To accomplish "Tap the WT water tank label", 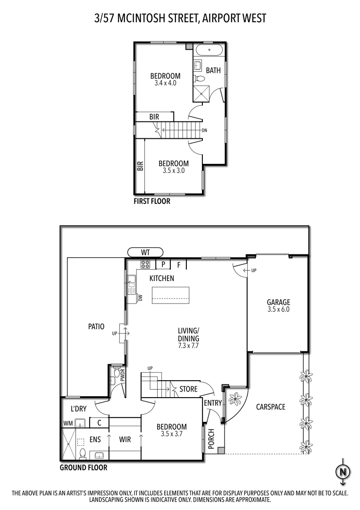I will tap(145, 252).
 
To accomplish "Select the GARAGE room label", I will tap(278, 302).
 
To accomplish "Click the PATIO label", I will tap(96, 326).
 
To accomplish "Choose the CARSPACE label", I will tap(270, 407).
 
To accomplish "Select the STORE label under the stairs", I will tap(188, 389).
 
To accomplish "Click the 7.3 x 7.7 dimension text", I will tap(188, 346).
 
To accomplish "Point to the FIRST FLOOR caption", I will tap(152, 201).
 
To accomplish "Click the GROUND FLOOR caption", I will tap(83, 468).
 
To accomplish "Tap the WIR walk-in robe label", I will tap(125, 440).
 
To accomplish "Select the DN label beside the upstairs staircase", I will tap(204, 130).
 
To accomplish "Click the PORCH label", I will tap(211, 440).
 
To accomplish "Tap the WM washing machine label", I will tap(68, 424).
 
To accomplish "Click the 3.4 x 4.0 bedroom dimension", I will tap(165, 83).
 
